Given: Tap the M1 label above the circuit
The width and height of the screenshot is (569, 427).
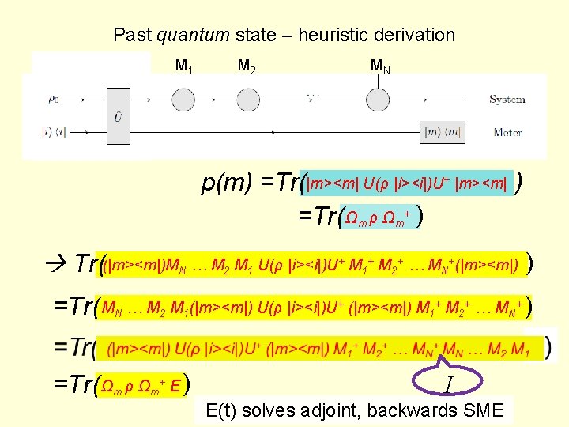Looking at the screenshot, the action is click(184, 65).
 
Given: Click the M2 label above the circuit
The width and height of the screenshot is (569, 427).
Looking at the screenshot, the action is click(247, 65).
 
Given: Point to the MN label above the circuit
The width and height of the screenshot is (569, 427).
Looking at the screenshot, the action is click(379, 65).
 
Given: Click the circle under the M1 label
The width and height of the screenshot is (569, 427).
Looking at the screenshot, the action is click(183, 100).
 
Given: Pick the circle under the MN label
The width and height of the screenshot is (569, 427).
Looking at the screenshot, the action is click(377, 100).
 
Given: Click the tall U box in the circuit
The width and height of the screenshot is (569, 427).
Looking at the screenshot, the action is click(119, 115).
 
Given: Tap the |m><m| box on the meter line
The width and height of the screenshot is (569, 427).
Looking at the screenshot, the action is click(445, 132).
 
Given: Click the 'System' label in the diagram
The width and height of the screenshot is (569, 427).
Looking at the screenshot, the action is click(507, 100).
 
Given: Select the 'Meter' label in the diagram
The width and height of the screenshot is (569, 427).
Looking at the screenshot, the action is click(507, 132).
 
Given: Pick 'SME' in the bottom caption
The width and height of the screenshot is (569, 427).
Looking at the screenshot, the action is click(489, 410).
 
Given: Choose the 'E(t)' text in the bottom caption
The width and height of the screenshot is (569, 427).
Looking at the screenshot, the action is click(223, 410).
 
